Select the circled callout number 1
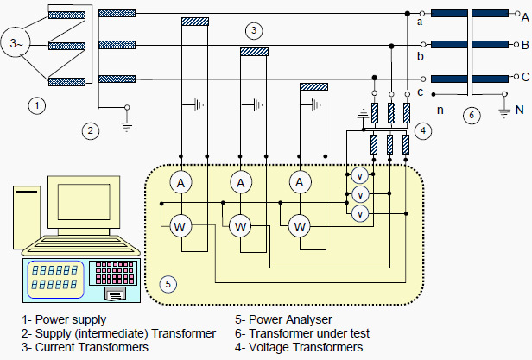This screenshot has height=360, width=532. pyautogui.click(x=36, y=106)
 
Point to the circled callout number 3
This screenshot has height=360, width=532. pyautogui.click(x=253, y=31)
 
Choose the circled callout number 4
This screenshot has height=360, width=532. pyautogui.click(x=421, y=131)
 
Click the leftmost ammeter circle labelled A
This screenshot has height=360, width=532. pyautogui.click(x=180, y=182)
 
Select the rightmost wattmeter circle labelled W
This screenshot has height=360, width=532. pyautogui.click(x=300, y=227)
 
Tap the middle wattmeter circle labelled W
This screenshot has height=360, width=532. pyautogui.click(x=241, y=227)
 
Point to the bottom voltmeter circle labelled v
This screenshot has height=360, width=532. pyautogui.click(x=360, y=212)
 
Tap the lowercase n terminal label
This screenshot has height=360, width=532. pyautogui.click(x=441, y=110)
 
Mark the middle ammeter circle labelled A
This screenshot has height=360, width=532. pyautogui.click(x=241, y=182)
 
